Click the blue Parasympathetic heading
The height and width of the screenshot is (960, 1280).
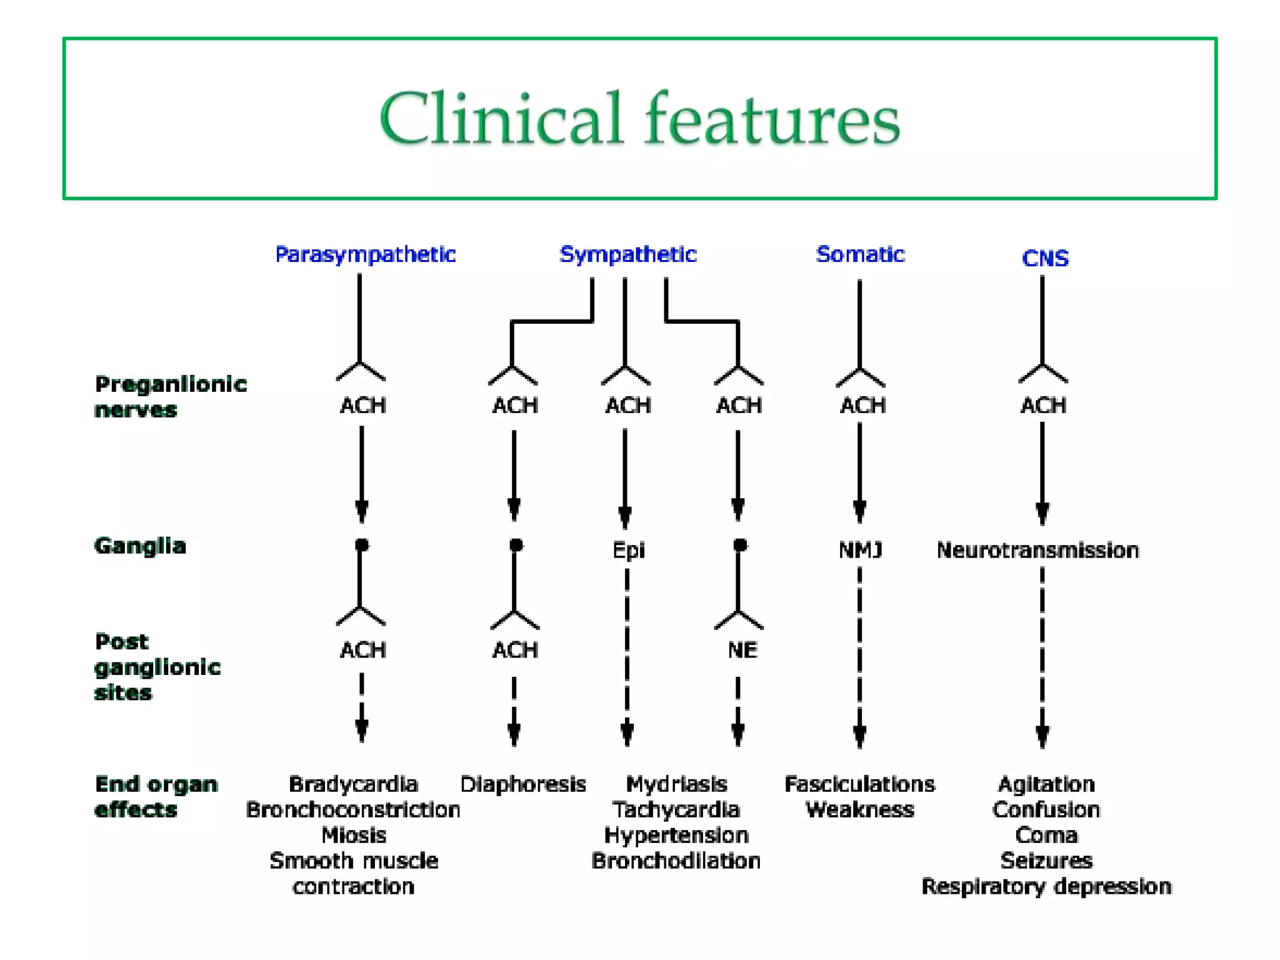366,254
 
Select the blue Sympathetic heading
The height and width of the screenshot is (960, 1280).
627,254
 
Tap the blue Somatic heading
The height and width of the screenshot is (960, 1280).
860,254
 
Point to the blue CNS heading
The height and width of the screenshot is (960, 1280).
1045,258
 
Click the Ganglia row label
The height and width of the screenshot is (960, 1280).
140,546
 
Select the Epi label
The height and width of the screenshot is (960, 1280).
628,551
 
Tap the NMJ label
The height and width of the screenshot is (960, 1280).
860,550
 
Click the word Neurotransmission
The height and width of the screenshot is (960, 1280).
1037,550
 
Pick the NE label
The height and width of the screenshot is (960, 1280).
742,650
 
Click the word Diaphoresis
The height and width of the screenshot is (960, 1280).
523,784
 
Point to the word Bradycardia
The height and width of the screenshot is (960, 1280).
353,784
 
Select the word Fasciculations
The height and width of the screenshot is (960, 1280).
859,784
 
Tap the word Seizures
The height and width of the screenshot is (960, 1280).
1046,861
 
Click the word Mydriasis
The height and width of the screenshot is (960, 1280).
676,784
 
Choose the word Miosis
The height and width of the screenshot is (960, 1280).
354,835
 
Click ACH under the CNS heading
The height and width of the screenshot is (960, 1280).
1043,406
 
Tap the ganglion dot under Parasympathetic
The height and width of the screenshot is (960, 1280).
361,544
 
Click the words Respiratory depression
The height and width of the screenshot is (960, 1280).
1046,886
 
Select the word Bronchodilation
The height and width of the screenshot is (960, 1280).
676,861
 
